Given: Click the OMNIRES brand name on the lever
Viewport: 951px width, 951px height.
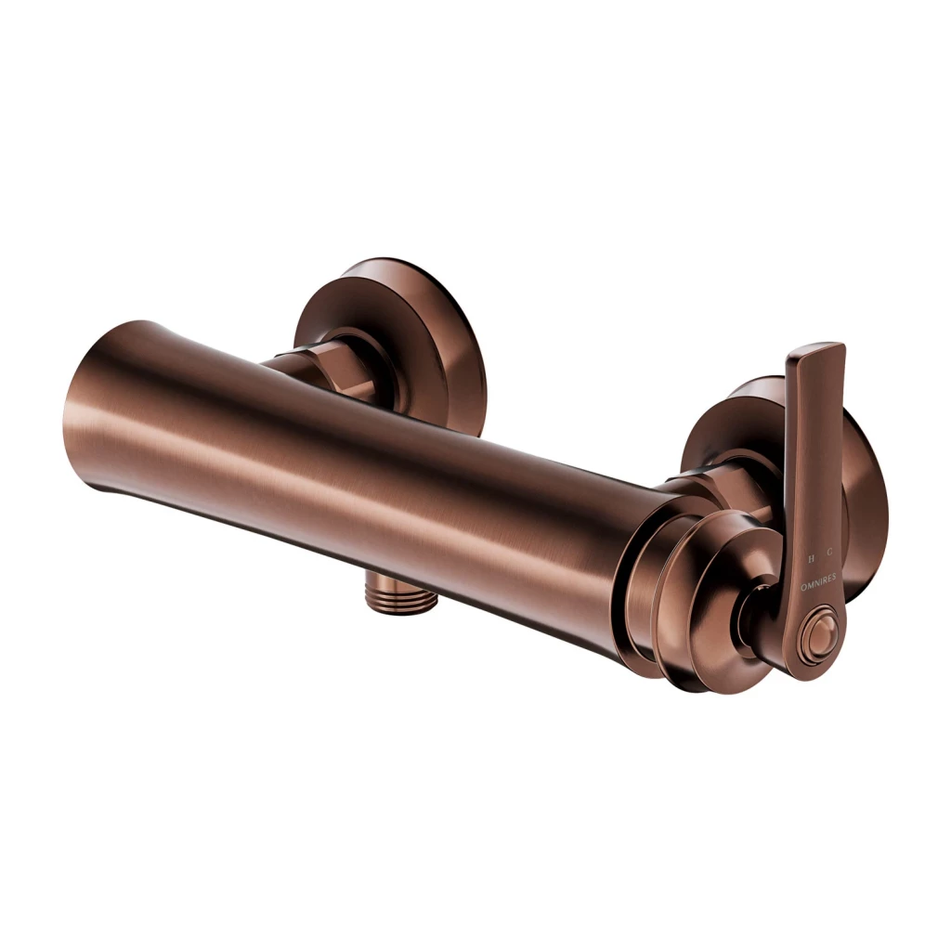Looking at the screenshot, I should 817,577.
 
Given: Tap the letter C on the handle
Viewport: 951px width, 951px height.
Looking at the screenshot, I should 830,557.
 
